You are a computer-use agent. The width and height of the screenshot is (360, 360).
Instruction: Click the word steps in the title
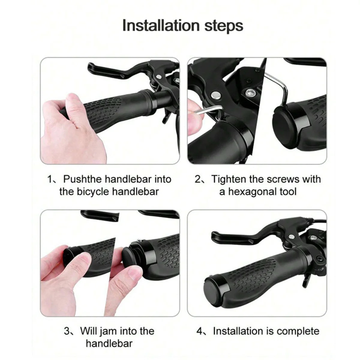[224, 26]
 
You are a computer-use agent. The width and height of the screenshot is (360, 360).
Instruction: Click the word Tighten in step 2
[229, 179]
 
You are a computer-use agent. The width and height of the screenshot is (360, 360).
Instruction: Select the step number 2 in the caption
[198, 179]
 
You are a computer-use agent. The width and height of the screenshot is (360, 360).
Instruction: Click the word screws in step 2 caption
[283, 179]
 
